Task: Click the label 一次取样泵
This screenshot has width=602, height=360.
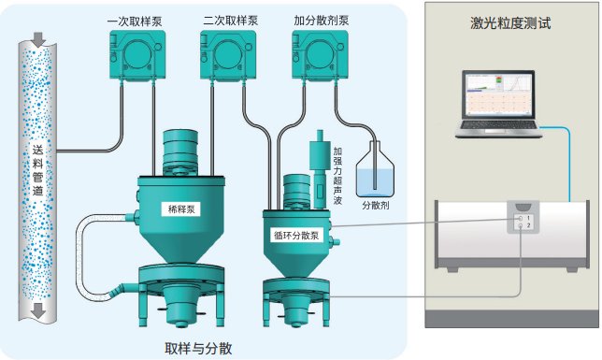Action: (135, 22)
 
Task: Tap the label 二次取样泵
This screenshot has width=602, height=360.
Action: (230, 21)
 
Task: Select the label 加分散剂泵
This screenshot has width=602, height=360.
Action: (322, 21)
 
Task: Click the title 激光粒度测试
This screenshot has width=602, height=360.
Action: (510, 23)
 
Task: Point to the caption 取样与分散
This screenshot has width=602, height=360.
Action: (198, 348)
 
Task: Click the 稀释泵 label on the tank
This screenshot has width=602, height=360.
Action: (181, 209)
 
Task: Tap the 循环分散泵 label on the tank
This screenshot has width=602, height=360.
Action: (296, 235)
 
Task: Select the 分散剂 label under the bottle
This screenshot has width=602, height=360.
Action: (376, 205)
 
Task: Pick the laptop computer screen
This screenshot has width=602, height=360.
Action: (498, 94)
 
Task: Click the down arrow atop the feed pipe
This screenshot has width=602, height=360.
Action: (38, 39)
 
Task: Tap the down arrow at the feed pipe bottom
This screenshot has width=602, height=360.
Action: (38, 310)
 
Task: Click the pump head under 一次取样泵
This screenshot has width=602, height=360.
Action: (137, 54)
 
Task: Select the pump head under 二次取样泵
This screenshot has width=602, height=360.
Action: (228, 54)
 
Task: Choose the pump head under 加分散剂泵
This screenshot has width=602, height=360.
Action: (320, 54)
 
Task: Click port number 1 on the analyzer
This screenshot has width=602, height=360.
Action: (528, 218)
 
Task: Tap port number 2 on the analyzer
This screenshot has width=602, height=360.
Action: (528, 225)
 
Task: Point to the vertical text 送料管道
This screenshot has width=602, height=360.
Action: (37, 170)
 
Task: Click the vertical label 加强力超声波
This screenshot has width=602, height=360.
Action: (337, 176)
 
